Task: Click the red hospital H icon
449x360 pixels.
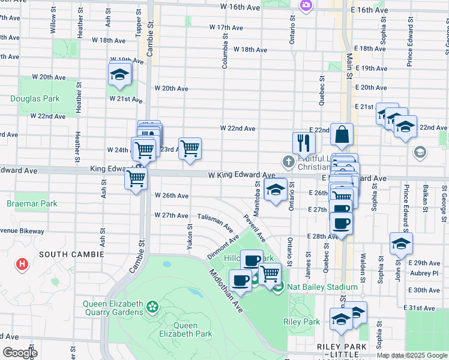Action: (22, 264)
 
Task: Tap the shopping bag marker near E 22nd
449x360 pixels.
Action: (342, 136)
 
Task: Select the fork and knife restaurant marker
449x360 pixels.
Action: (304, 143)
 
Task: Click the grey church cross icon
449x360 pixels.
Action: (289, 162)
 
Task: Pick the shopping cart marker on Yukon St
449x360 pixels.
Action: (190, 148)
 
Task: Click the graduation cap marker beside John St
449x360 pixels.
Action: (401, 244)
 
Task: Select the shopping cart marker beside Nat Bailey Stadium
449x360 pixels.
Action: (270, 274)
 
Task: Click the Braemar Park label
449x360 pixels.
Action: (32, 204)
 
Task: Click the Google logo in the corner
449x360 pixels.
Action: (20, 353)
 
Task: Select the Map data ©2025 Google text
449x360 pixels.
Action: (411, 355)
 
